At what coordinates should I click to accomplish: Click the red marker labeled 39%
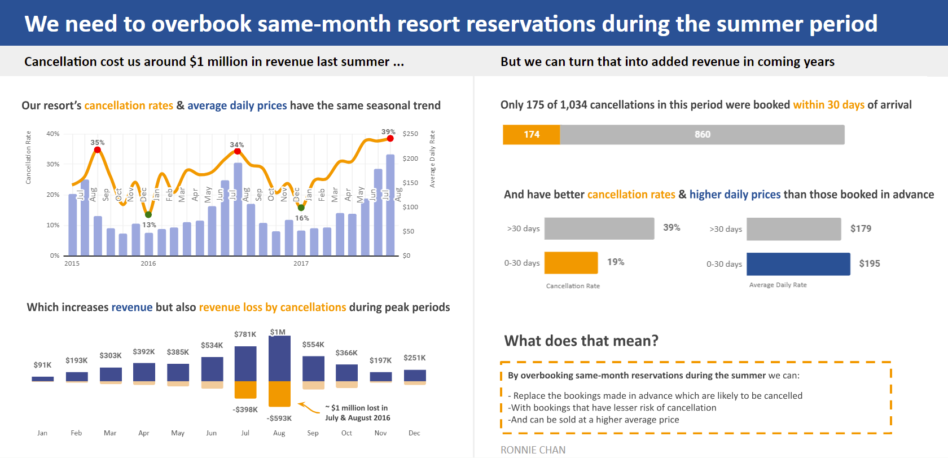390,138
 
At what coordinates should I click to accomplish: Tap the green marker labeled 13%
148,214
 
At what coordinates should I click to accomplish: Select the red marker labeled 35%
97,149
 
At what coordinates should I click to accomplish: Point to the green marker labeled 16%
301,208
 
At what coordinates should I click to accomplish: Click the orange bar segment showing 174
531,134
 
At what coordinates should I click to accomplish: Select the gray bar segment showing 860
702,134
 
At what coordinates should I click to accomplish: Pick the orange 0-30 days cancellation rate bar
570,262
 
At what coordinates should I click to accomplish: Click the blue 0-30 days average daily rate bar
798,263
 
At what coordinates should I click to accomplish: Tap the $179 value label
861,228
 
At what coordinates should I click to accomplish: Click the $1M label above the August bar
278,332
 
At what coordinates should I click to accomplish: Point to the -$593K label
279,418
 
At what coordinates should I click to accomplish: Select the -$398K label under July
245,409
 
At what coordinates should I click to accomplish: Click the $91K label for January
42,365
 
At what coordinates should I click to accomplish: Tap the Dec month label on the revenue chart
414,433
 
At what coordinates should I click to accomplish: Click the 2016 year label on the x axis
148,263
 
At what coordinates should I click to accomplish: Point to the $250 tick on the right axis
410,134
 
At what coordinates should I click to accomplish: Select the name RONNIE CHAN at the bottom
533,450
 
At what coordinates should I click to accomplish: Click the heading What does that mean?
581,341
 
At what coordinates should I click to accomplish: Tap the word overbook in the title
201,24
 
